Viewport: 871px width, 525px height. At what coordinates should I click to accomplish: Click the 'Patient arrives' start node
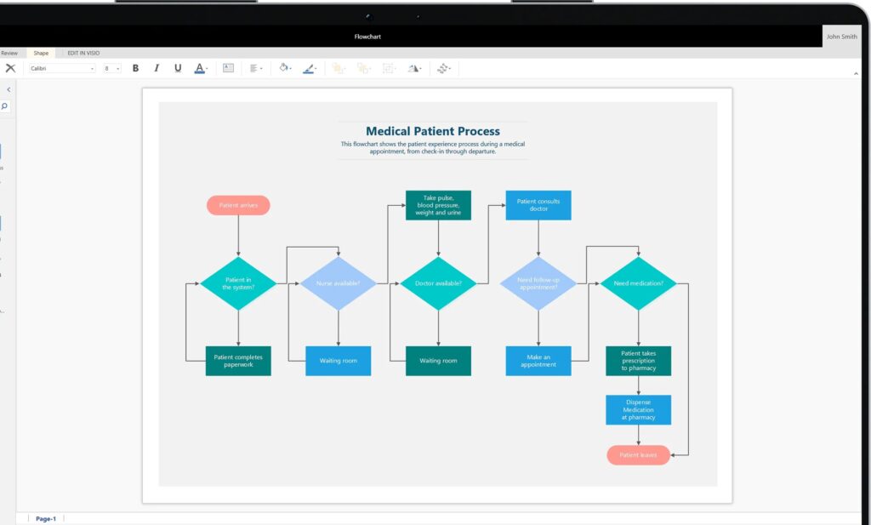point(238,205)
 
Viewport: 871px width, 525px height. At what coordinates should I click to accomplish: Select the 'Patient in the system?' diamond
point(238,283)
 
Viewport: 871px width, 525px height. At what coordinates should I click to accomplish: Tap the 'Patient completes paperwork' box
point(238,361)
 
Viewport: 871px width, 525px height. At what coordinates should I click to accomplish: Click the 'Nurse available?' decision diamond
point(338,283)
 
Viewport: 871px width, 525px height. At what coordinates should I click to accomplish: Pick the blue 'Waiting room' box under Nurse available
point(338,361)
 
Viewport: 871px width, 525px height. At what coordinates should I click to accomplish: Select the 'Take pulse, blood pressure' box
point(438,205)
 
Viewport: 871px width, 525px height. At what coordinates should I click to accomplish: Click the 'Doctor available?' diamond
point(438,283)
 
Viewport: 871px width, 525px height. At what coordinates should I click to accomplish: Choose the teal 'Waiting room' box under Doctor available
point(438,361)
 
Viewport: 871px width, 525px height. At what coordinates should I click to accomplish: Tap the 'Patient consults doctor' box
point(538,205)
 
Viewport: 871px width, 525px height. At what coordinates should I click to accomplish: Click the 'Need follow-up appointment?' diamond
point(538,283)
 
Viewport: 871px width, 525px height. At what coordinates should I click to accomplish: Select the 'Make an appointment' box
point(538,361)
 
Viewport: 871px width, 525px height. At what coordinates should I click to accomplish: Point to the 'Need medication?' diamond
point(638,283)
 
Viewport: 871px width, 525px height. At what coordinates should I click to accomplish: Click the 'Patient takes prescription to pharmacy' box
point(638,361)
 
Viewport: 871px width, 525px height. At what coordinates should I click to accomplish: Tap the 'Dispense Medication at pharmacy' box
point(638,410)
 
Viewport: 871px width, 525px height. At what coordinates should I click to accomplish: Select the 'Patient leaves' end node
point(638,455)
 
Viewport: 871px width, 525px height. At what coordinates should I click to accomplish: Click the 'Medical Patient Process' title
point(433,131)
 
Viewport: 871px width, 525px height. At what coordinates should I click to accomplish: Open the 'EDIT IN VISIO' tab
point(83,53)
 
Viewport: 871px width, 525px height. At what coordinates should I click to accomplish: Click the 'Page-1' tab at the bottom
point(46,518)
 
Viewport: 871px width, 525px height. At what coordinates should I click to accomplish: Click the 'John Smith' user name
point(842,37)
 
